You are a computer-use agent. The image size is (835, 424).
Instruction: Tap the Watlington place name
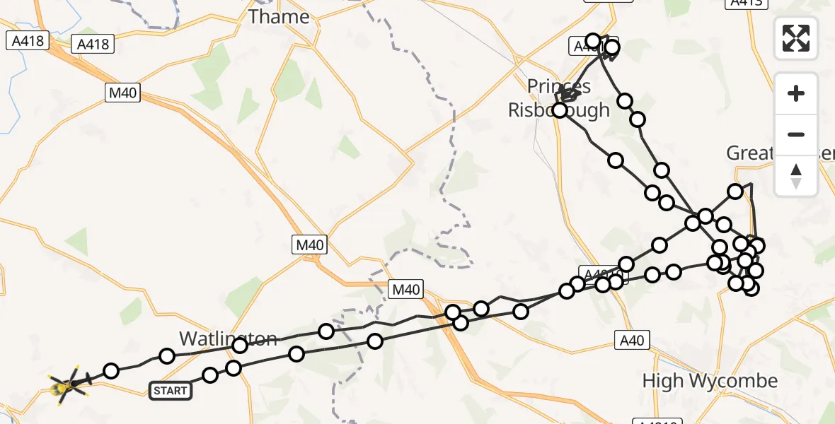(x=228, y=338)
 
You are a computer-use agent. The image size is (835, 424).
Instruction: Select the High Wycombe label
(x=709, y=382)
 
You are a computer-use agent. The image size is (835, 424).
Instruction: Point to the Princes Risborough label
(x=559, y=99)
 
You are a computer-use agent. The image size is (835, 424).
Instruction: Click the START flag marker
(x=171, y=390)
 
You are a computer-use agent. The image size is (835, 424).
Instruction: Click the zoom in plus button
(x=796, y=94)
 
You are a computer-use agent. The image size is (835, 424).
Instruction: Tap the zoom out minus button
(x=796, y=134)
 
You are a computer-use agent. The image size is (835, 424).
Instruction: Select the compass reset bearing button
(x=796, y=175)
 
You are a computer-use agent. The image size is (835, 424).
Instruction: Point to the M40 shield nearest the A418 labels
(x=123, y=93)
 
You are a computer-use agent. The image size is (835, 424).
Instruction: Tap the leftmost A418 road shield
(x=28, y=41)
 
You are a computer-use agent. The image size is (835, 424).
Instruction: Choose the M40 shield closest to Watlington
(x=406, y=288)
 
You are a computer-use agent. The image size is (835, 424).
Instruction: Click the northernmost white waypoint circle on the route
(x=593, y=41)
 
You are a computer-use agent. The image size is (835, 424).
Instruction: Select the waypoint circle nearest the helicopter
(x=111, y=371)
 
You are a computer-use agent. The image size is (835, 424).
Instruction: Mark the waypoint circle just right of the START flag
(x=210, y=375)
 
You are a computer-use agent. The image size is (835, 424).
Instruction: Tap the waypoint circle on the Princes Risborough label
(x=560, y=110)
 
